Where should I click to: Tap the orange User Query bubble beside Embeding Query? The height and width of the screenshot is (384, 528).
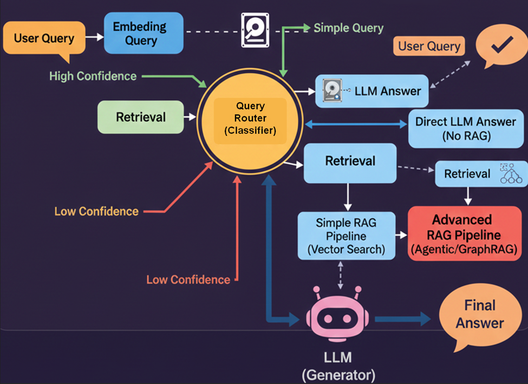44,38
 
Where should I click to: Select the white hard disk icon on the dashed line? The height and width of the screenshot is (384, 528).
254,30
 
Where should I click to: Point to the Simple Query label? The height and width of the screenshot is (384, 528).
348,28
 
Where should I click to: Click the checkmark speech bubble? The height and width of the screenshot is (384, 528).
501,48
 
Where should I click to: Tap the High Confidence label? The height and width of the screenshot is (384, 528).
93,76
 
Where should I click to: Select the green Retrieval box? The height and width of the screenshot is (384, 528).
141,117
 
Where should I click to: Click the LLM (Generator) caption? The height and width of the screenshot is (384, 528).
337,366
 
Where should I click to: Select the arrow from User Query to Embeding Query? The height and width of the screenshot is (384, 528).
95,37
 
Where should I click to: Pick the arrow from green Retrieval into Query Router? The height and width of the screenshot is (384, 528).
190,117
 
